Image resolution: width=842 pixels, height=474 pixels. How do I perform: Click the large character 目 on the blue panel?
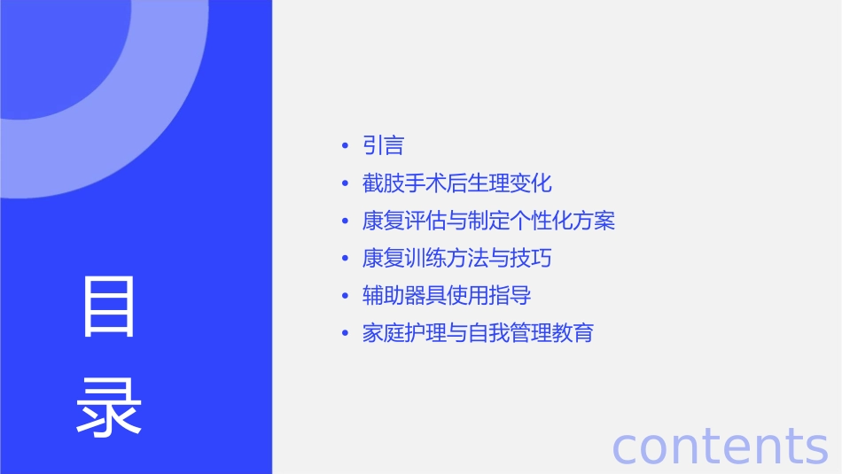109,307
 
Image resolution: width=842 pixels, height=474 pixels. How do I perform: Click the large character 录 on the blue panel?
109,408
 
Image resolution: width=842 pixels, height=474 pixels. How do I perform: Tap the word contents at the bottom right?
720,446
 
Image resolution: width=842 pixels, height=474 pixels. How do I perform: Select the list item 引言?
383,146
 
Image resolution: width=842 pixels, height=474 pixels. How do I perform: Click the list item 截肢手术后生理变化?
456,183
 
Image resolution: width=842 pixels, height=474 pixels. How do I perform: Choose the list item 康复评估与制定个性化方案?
488,221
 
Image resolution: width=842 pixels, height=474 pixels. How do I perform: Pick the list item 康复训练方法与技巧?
456,259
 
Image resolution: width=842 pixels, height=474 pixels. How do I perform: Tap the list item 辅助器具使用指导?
446,296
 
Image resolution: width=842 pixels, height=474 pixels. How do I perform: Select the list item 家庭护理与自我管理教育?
478,333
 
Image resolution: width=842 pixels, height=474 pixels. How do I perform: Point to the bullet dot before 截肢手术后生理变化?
345,184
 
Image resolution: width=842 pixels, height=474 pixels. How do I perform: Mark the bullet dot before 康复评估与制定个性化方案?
345,221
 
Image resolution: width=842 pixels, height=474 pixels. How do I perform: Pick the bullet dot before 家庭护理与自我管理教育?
345,334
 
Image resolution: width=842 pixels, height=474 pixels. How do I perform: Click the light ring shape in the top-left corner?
133,133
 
